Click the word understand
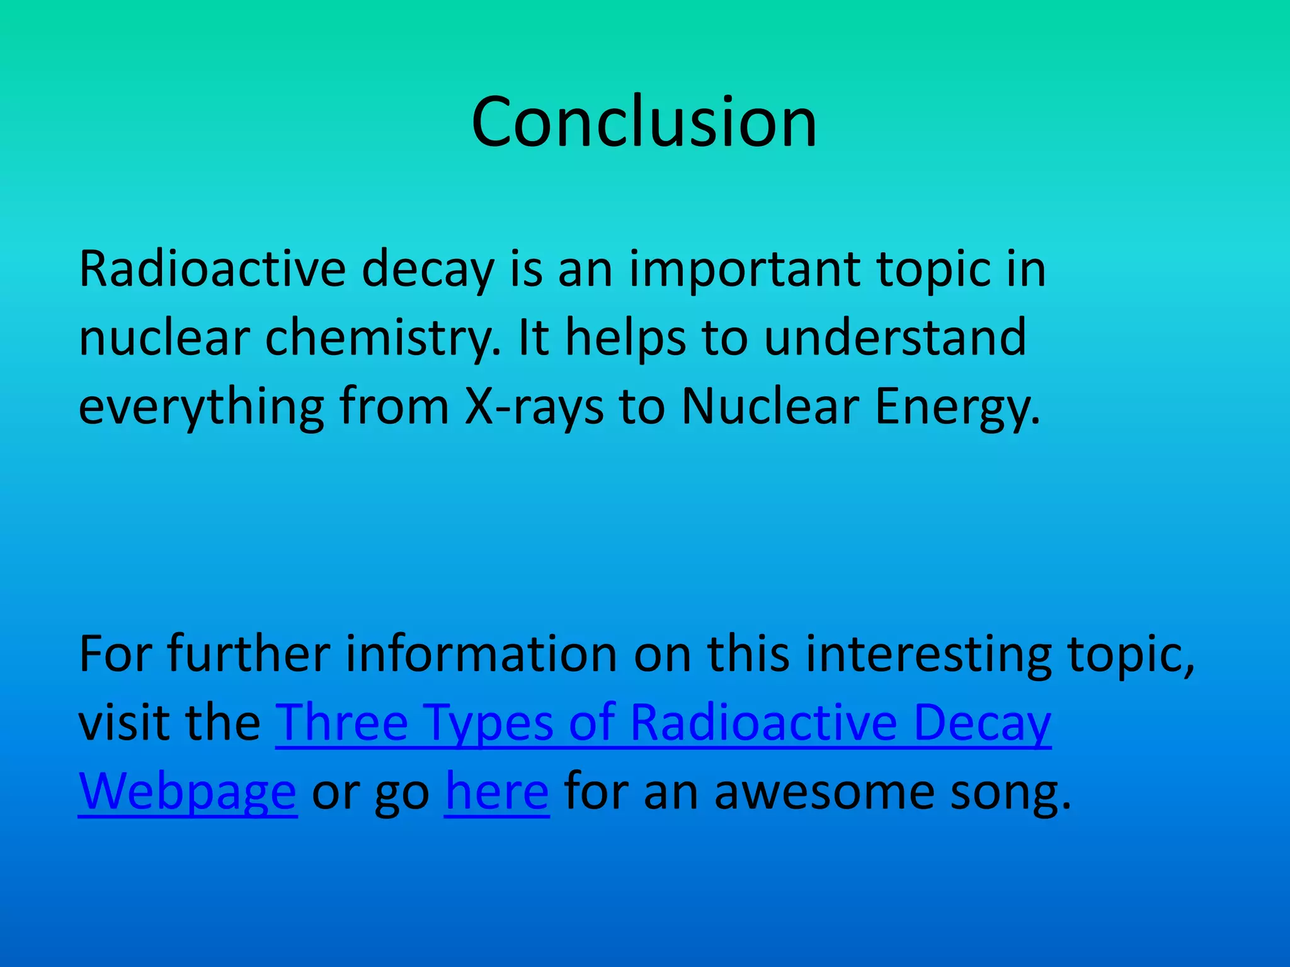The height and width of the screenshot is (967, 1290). coord(895,338)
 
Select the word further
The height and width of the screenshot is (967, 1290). coord(249,654)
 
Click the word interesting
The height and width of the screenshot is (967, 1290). coord(928,654)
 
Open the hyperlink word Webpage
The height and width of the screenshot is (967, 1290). coord(187,791)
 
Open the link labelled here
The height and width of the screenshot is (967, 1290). coord(497,791)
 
